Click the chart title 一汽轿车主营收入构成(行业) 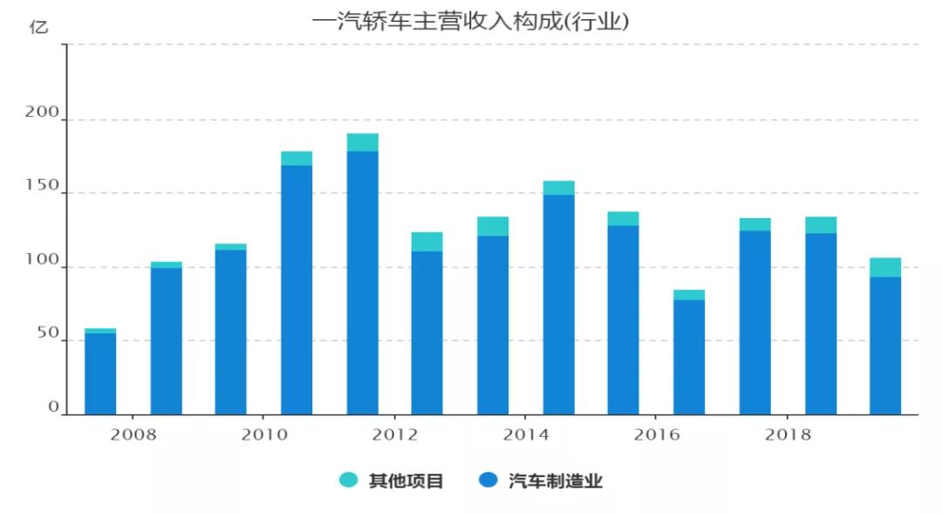(470, 21)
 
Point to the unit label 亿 (39, 27)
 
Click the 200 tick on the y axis (42, 113)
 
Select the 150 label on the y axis (42, 187)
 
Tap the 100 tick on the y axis (42, 261)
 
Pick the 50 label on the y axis (47, 334)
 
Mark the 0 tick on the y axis (53, 407)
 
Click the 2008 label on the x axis (133, 434)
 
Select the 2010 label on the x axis (264, 434)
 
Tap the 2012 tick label (395, 434)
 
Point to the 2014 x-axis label (526, 434)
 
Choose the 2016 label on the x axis (657, 434)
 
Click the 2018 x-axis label (788, 434)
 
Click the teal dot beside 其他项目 (349, 480)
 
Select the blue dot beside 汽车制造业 (488, 480)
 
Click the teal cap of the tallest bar (362, 142)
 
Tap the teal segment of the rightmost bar (885, 267)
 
